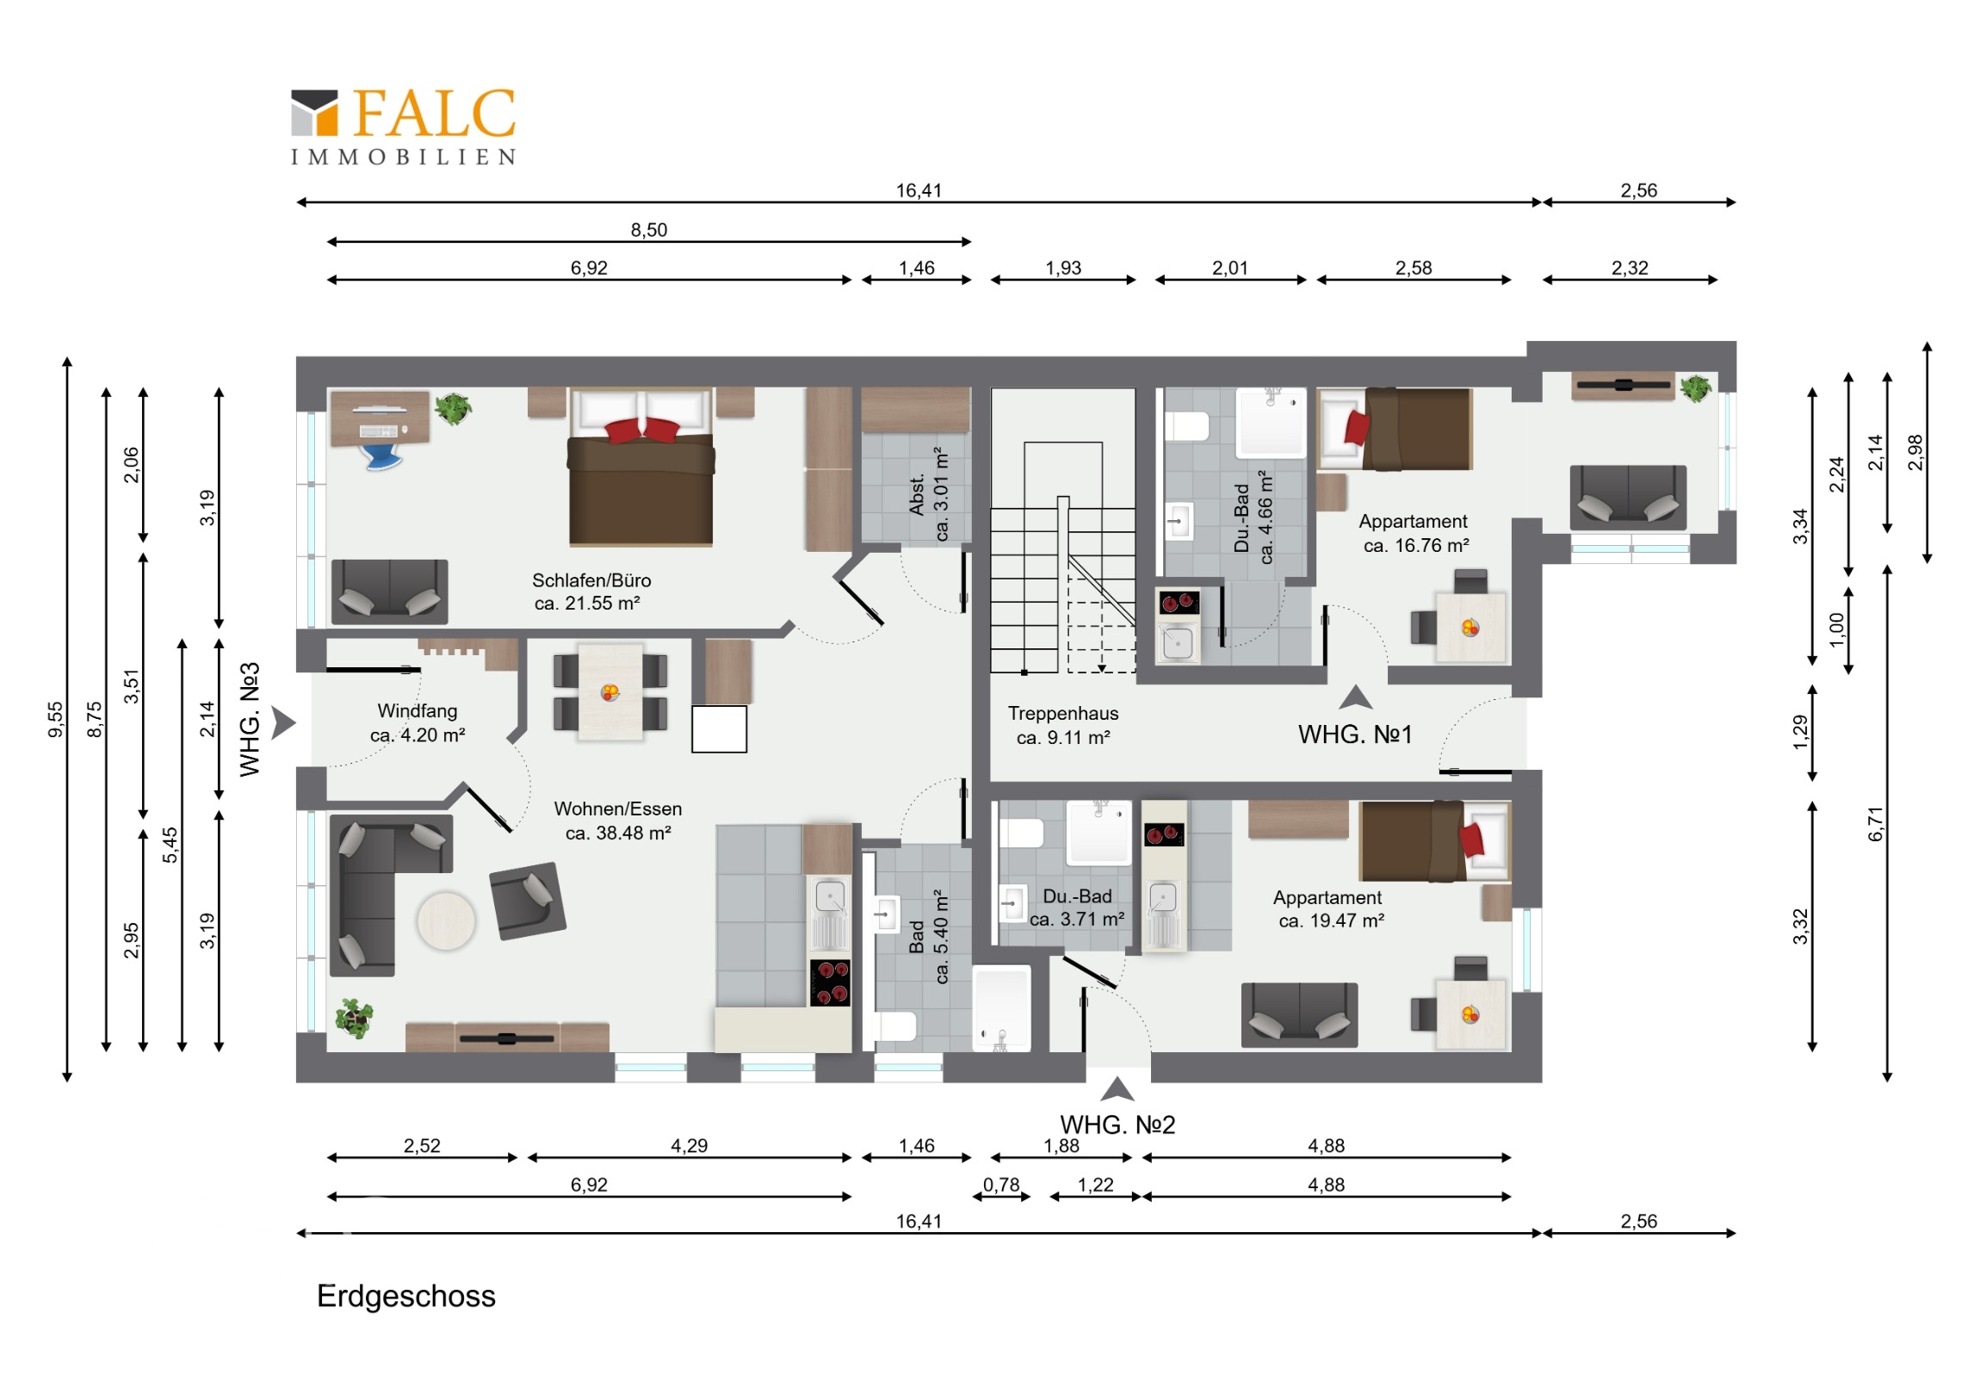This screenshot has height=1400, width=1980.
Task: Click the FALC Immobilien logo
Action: (403, 126)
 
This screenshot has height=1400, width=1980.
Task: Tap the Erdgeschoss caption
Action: (406, 1297)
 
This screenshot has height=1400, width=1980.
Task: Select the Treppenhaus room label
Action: (1062, 726)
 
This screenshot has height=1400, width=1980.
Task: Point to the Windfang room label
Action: (418, 723)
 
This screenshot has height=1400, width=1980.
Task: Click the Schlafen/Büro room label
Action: (591, 592)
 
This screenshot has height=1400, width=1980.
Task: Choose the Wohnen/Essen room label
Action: (617, 821)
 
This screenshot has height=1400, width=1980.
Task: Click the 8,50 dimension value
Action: (648, 229)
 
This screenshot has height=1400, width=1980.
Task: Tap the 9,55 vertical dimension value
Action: (55, 720)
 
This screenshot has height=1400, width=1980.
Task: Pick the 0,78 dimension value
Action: (1001, 1186)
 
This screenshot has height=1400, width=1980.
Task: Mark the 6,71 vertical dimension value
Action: (1877, 824)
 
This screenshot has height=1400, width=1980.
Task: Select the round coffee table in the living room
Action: (446, 920)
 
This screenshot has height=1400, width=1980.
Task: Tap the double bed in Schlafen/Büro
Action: (640, 467)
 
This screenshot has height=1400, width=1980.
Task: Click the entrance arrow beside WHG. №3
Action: (284, 723)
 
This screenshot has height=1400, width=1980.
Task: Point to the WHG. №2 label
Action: (1117, 1124)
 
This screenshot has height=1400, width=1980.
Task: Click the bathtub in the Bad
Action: (1001, 1008)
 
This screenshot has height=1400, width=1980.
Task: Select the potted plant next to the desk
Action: (453, 408)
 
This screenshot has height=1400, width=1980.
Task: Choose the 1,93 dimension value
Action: (1062, 269)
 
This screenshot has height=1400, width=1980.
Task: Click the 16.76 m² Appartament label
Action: (1415, 533)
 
